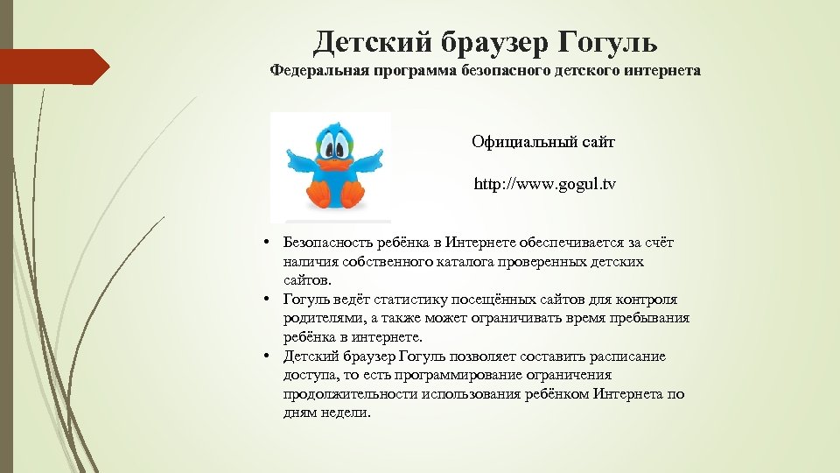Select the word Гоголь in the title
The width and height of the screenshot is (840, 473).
[x=610, y=40]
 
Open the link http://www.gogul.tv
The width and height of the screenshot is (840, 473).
[x=544, y=185]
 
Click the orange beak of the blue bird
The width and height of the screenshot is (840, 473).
[x=335, y=165]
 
